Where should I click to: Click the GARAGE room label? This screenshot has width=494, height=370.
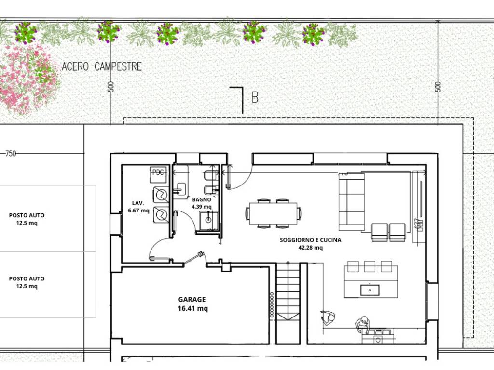[192, 299]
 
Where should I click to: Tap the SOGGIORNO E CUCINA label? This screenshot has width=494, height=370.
[310, 240]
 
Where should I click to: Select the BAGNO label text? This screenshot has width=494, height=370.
[202, 199]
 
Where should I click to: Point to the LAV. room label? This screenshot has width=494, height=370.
[138, 203]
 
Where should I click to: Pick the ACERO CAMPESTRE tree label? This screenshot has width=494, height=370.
[101, 66]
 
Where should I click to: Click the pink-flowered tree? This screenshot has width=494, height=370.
[28, 79]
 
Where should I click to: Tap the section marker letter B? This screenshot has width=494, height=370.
[255, 97]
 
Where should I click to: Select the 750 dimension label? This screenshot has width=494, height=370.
[11, 154]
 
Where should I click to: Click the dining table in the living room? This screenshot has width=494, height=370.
[273, 213]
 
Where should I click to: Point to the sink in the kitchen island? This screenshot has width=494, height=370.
[370, 290]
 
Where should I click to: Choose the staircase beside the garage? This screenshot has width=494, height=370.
[288, 303]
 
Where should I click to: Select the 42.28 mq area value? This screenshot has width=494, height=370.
[310, 248]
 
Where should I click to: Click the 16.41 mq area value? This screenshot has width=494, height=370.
[193, 308]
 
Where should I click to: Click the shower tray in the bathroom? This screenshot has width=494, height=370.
[208, 221]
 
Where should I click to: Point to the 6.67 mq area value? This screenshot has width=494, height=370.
[138, 211]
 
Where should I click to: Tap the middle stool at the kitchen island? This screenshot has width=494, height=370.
[370, 266]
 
